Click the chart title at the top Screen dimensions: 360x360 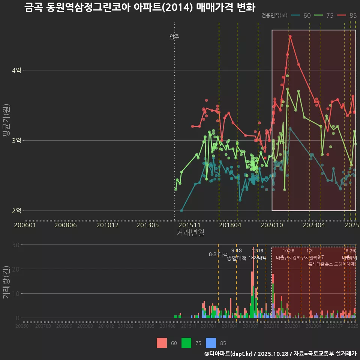point(139,7)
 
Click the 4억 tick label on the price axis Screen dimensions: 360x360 point(17,70)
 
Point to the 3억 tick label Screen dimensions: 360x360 point(17,140)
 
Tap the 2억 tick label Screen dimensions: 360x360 point(17,210)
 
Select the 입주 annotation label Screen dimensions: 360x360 point(174,37)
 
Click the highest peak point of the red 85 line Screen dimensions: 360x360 point(290,36)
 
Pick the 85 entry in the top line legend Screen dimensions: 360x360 point(347,15)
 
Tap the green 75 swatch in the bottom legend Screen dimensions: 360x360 point(186,343)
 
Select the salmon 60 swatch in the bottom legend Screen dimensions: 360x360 point(162,343)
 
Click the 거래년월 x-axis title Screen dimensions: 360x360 point(190,233)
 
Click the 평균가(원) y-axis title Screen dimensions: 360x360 point(6,122)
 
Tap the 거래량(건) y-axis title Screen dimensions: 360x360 point(6,282)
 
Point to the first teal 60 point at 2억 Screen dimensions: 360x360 point(181,211)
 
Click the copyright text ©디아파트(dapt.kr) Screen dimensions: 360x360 point(229,353)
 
